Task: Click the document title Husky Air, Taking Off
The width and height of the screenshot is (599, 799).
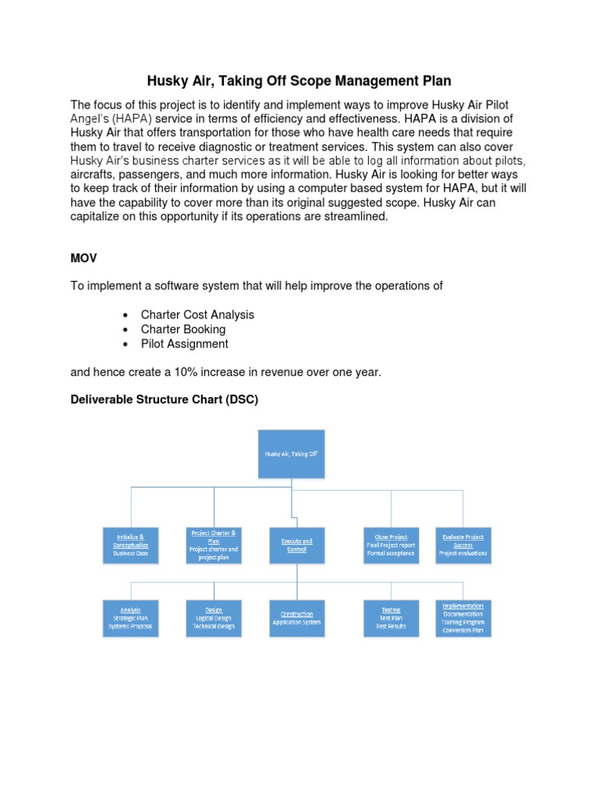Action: point(299,81)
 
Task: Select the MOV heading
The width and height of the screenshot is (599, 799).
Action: point(83,258)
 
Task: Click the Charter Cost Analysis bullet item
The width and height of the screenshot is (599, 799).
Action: point(197,315)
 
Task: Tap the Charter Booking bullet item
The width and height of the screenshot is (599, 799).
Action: point(183,329)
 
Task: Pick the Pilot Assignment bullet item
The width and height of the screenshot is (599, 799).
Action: point(184,344)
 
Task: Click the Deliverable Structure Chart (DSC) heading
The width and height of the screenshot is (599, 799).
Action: point(164,400)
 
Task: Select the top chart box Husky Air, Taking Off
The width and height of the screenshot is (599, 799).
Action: point(291,453)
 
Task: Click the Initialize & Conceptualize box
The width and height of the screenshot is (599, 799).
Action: point(131,545)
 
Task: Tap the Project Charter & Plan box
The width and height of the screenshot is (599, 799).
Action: point(213,545)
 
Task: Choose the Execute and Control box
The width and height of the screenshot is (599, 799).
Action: point(296,545)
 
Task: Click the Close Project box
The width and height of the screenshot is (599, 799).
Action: point(391,545)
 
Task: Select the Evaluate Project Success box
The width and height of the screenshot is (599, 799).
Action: point(463,545)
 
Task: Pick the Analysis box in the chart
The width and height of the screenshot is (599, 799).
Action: point(131,618)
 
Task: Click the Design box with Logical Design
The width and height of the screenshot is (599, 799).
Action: point(213,618)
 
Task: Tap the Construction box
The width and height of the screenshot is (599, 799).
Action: point(296,618)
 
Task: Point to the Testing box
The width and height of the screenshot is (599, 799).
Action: point(391,618)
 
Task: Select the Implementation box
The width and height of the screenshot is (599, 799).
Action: point(463,618)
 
